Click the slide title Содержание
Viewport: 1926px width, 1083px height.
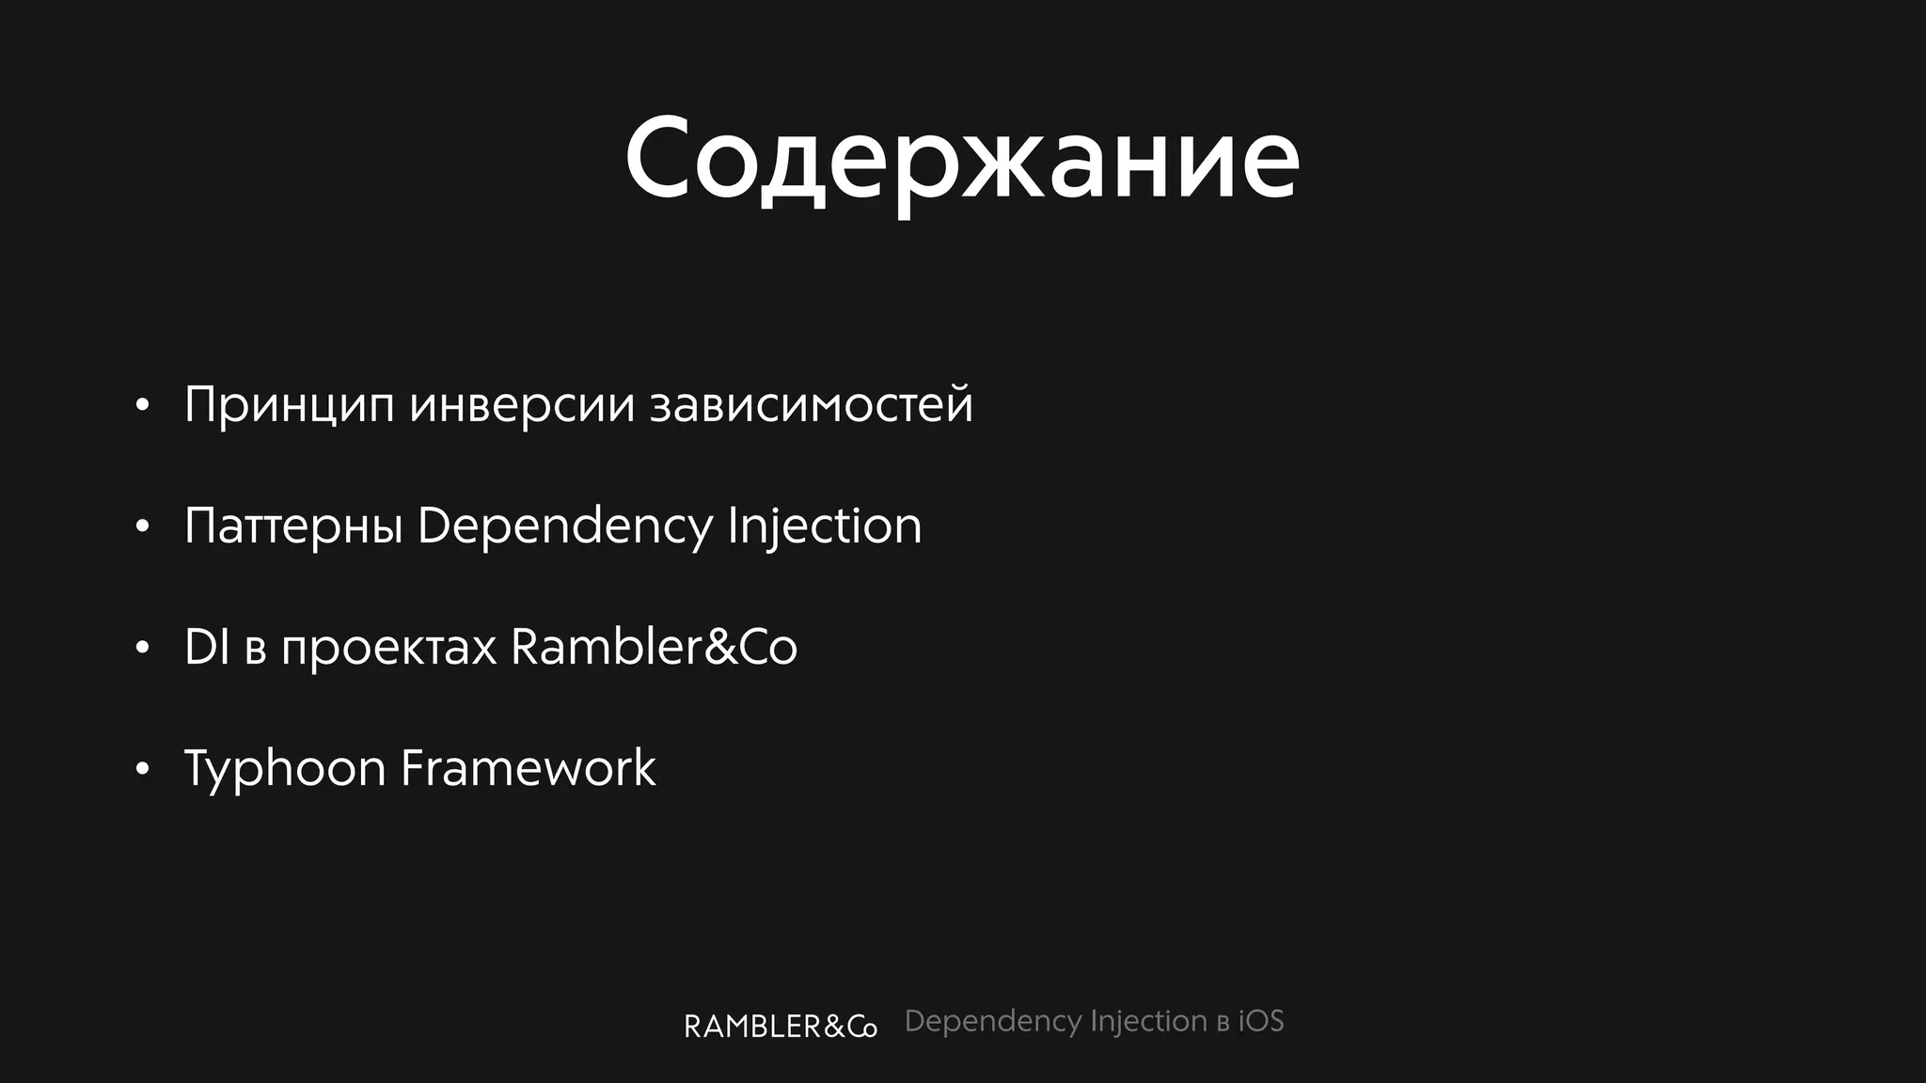961,160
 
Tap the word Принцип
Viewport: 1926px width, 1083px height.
289,405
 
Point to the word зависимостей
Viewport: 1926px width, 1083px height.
811,405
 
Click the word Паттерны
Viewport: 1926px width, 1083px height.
293,526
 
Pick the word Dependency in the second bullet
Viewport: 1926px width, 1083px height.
564,526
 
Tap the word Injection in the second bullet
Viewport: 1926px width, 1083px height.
824,526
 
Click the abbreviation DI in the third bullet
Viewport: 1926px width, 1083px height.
207,647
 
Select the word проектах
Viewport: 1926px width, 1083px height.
388,647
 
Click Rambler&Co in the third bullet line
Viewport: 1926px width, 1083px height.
654,647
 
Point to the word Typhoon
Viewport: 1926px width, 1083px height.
284,769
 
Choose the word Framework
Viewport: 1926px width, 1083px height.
528,768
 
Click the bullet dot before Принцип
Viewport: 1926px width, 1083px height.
142,406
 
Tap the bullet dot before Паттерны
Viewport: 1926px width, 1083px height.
142,527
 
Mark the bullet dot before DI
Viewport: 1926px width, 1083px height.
142,649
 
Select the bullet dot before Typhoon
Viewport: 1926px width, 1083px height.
142,770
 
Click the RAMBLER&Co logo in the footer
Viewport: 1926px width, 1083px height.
780,1026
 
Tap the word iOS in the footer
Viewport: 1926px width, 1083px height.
1260,1021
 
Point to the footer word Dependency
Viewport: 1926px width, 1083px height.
992,1022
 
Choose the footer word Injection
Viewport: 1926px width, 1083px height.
1148,1022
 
